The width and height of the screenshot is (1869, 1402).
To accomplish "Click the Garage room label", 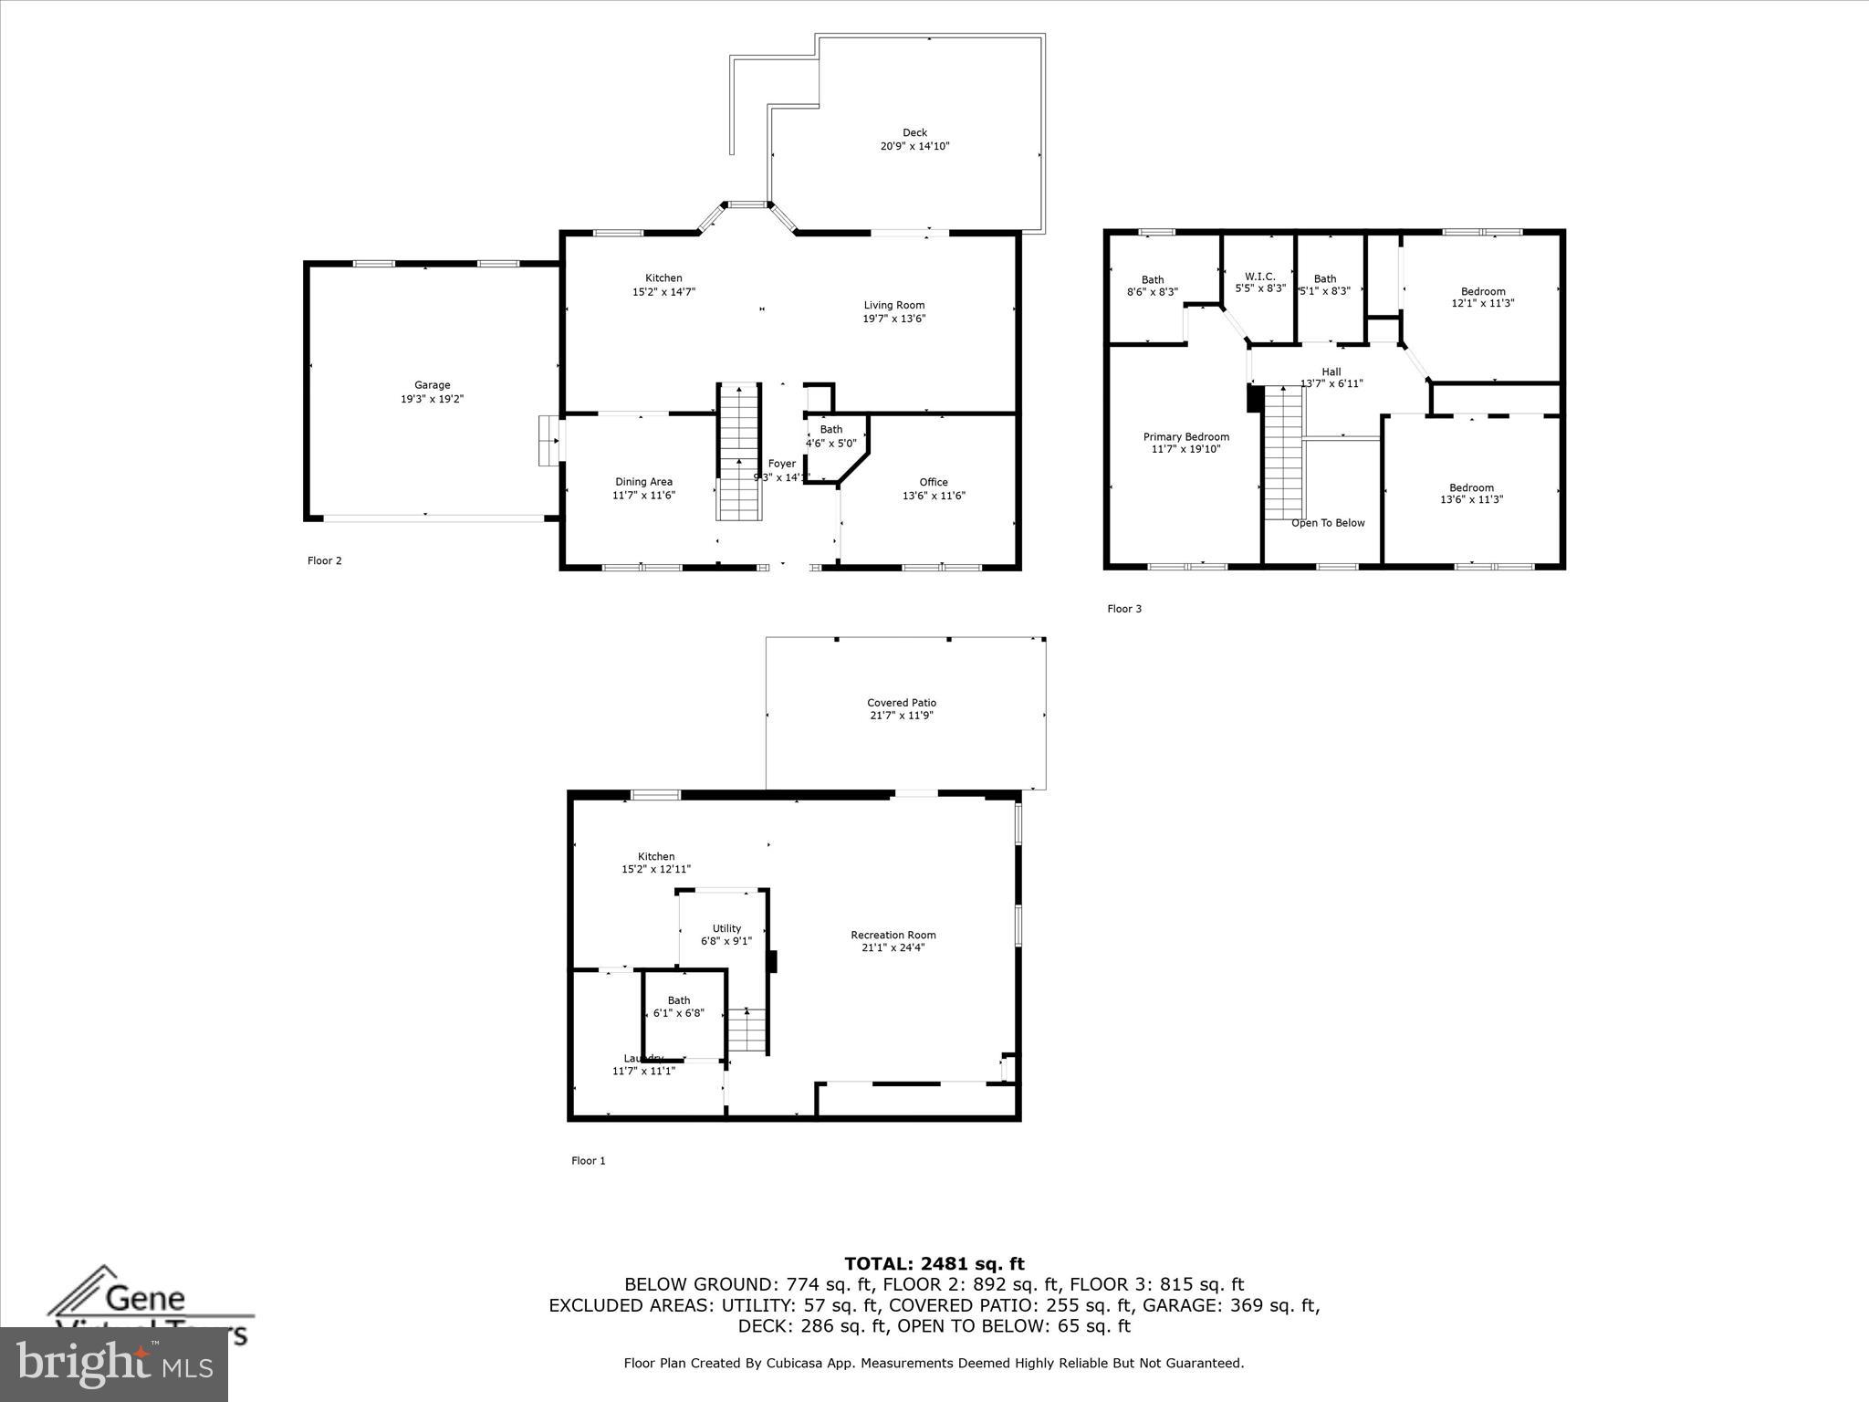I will (x=432, y=385).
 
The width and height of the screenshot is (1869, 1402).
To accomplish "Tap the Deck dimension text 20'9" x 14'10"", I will (x=914, y=146).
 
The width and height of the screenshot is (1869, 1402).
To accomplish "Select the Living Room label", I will (x=894, y=305).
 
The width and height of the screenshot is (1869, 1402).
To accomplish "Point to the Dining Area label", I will (x=643, y=482).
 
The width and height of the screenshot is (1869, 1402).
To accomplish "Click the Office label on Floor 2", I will (x=934, y=482).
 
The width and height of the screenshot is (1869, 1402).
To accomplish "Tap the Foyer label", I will (x=782, y=464).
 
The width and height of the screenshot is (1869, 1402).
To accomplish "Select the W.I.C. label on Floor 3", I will (x=1259, y=277).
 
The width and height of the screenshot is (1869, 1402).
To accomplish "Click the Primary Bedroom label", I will (x=1185, y=437).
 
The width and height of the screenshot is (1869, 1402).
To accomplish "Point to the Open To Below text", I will (x=1328, y=523).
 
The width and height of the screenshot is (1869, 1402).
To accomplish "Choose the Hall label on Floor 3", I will (x=1331, y=371).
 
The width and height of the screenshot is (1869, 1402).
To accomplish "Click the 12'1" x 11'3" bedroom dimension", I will (x=1482, y=304).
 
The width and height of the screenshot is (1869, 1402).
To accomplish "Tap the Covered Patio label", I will (x=902, y=703).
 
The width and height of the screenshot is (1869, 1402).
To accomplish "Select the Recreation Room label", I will (x=893, y=935).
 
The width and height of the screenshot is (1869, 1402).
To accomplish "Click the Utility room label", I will (x=726, y=928).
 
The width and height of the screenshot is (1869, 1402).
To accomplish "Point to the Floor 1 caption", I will (x=588, y=1161).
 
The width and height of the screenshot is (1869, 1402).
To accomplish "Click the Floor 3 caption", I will (x=1124, y=609).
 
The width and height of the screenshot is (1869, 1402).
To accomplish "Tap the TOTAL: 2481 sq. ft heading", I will (x=934, y=1263).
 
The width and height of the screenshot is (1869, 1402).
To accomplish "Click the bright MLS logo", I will (x=114, y=1364).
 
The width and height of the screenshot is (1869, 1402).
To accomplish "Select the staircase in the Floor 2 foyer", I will (x=738, y=451).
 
